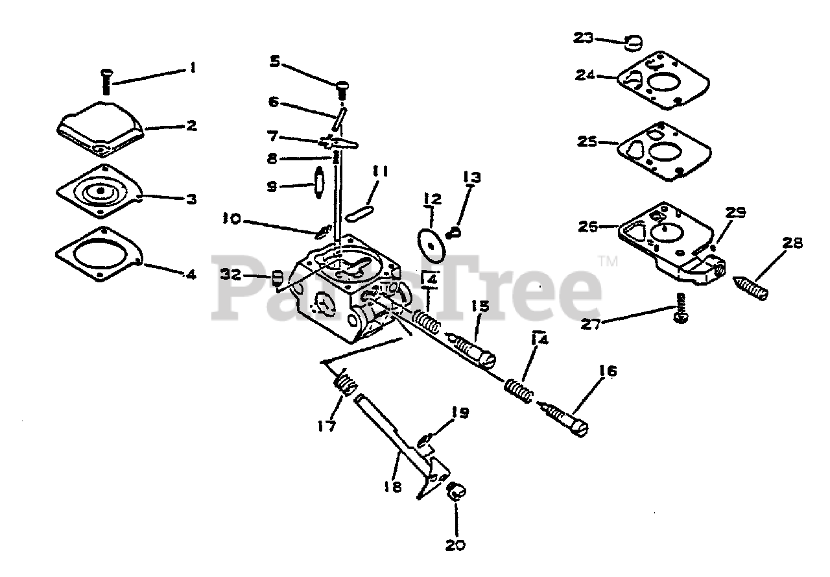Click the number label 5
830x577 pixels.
(x=275, y=62)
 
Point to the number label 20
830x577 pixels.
(x=456, y=545)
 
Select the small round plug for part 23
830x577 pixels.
(x=634, y=42)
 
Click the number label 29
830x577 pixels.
(x=735, y=212)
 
